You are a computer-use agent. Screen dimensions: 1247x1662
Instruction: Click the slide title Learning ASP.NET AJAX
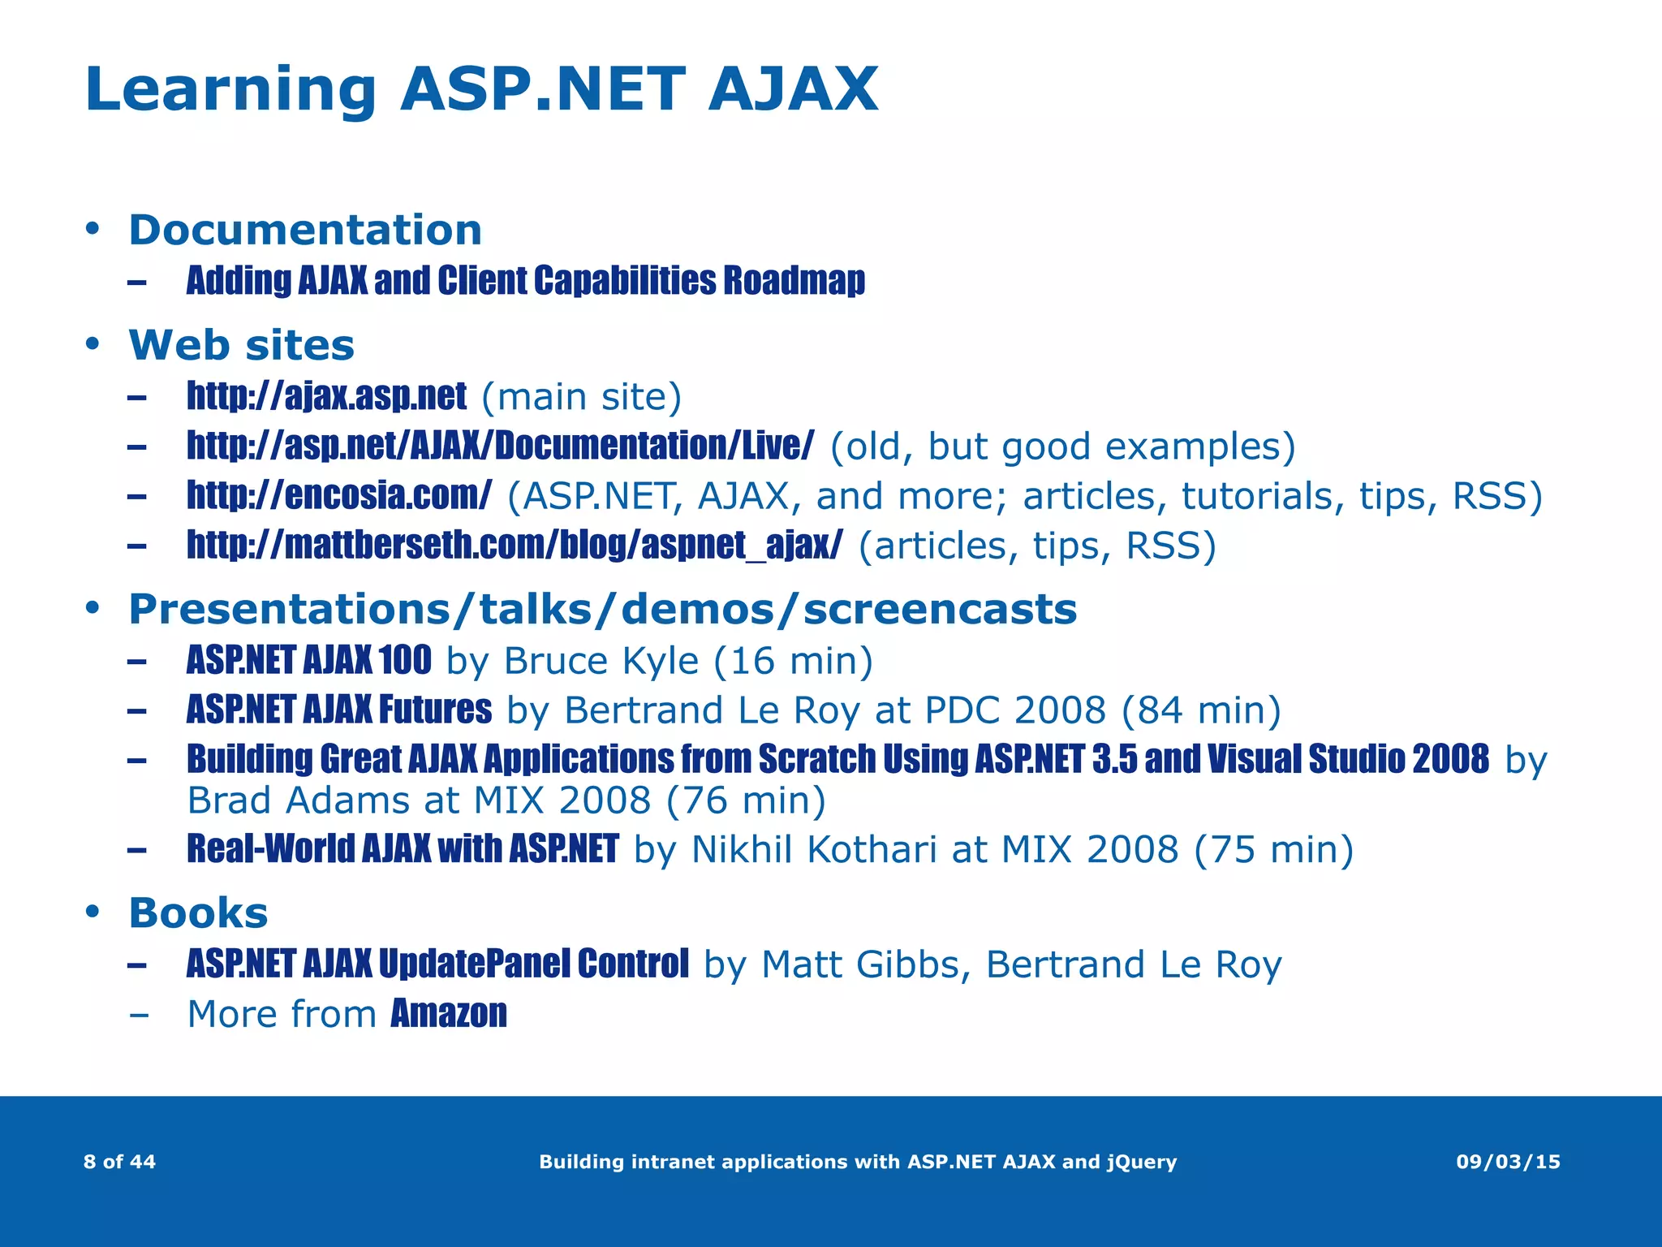click(480, 89)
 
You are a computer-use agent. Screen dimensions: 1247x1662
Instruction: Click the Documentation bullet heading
click(305, 230)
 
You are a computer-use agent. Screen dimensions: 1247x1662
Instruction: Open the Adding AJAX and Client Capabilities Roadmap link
click(525, 281)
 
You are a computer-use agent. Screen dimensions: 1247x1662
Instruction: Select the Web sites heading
click(241, 345)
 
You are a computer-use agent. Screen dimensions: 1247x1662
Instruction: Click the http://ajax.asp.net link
click(326, 396)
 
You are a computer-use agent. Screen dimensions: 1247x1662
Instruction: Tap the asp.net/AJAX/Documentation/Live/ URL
click(500, 446)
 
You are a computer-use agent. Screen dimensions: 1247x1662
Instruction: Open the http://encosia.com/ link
click(338, 495)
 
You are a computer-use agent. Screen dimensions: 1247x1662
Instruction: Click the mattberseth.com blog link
click(515, 545)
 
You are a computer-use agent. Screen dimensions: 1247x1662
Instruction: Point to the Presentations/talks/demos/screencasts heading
click(602, 609)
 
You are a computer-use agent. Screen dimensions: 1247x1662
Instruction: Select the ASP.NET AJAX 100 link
click(308, 660)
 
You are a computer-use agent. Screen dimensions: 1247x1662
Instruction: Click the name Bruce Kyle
click(601, 662)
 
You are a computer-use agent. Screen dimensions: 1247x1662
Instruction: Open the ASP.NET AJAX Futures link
click(338, 710)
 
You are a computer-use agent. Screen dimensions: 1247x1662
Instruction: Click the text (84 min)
click(1200, 710)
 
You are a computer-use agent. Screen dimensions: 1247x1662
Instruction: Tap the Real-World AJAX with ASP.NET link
click(403, 849)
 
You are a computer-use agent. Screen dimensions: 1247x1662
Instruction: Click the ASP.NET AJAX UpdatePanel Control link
click(437, 964)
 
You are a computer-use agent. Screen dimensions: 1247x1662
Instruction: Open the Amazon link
click(449, 1014)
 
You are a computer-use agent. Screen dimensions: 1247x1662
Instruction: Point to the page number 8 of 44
click(119, 1162)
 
